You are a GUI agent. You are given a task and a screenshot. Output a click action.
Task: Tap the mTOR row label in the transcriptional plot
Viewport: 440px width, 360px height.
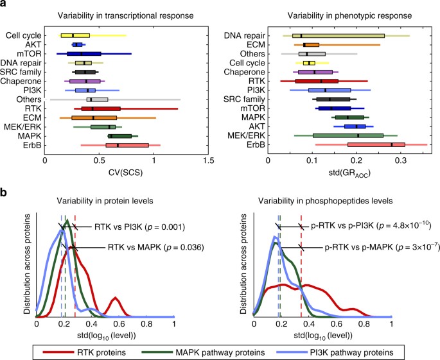[29, 54]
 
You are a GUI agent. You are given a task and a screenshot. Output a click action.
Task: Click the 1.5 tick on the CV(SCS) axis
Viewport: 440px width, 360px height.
[207, 160]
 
